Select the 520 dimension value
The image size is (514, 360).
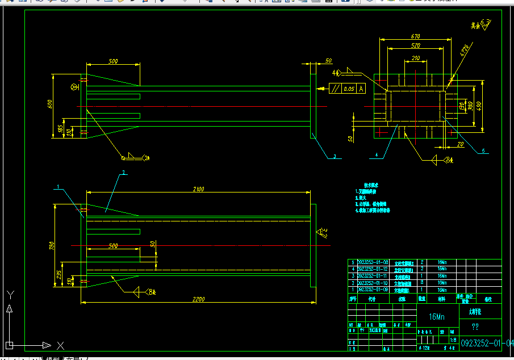tap(415, 45)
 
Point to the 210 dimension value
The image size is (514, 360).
tap(415, 58)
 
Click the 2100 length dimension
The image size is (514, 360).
tap(198, 189)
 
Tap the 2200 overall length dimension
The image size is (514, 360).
tap(198, 299)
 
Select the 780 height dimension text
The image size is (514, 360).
tap(52, 246)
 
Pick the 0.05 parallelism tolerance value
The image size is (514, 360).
tap(349, 89)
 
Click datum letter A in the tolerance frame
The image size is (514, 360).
tap(361, 89)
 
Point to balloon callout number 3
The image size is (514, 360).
tap(335, 156)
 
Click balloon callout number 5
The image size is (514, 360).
tap(483, 150)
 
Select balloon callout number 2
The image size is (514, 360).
tap(123, 172)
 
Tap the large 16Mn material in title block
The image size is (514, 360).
tap(436, 317)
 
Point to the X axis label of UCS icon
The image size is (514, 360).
tap(60, 345)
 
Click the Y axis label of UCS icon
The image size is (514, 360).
tap(9, 294)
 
